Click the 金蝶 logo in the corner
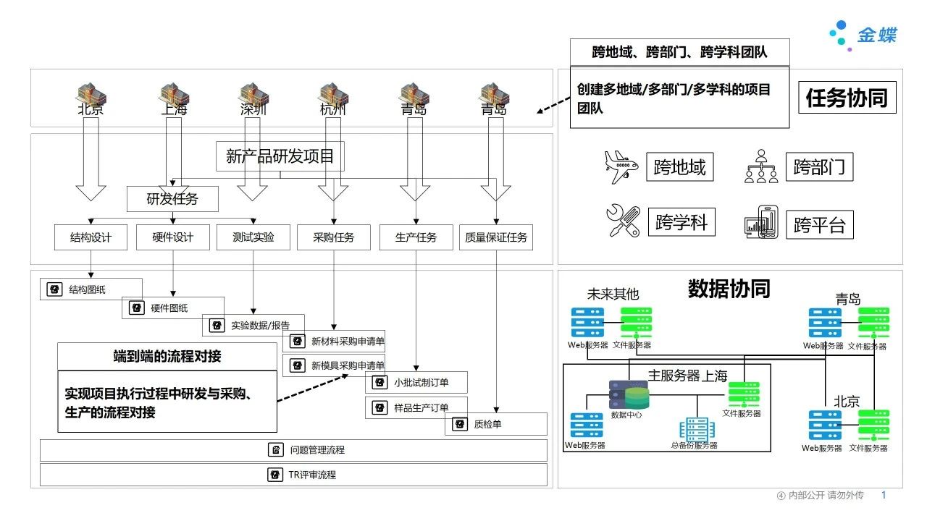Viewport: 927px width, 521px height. pos(863,35)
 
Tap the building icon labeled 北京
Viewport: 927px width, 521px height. pos(92,96)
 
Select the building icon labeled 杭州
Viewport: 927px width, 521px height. pos(334,96)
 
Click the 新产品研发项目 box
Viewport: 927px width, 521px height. pos(280,156)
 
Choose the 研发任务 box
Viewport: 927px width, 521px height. pos(172,199)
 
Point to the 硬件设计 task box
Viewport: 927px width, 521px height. pos(172,237)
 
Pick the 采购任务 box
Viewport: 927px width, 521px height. pos(333,237)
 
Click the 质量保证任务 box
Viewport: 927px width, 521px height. pos(495,237)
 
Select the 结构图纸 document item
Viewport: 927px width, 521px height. pos(91,289)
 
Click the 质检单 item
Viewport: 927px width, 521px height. pos(495,424)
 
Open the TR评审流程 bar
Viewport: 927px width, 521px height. pos(293,475)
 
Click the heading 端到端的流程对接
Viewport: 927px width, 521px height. pos(167,356)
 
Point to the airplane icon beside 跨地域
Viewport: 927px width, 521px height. pos(621,167)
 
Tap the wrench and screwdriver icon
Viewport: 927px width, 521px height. pos(623,221)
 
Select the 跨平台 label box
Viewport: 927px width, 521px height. pos(820,224)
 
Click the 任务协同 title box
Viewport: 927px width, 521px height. pos(847,98)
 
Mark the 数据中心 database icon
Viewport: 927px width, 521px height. pos(628,395)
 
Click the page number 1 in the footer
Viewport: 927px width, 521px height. pos(883,495)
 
